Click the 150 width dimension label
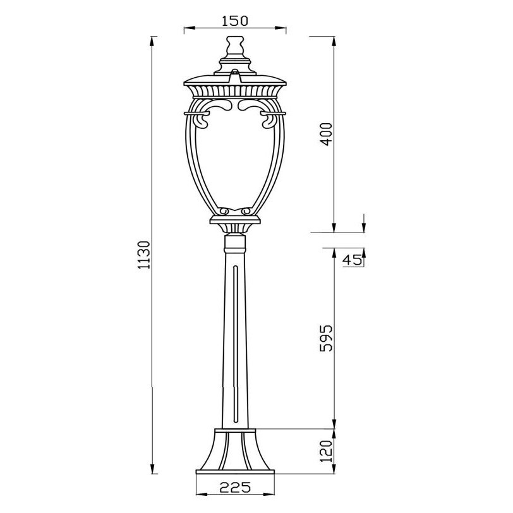point(235,21)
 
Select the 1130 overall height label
point(143,255)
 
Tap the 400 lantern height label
point(326,134)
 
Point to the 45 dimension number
point(352,260)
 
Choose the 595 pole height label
point(326,338)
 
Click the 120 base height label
point(326,451)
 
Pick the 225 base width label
point(235,488)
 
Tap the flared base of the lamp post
point(235,451)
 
